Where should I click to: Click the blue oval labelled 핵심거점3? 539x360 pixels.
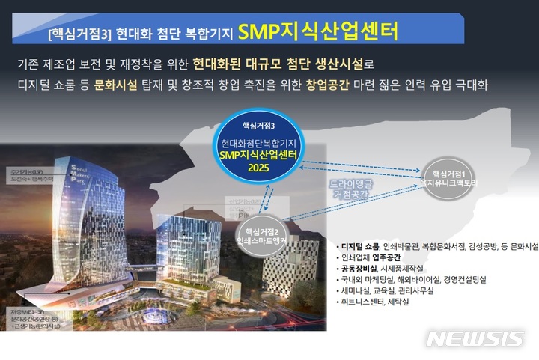[266, 146]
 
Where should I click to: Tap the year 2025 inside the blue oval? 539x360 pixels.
[266, 168]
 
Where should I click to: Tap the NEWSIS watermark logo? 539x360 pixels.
[474, 338]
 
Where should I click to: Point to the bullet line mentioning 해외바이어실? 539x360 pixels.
[412, 278]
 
